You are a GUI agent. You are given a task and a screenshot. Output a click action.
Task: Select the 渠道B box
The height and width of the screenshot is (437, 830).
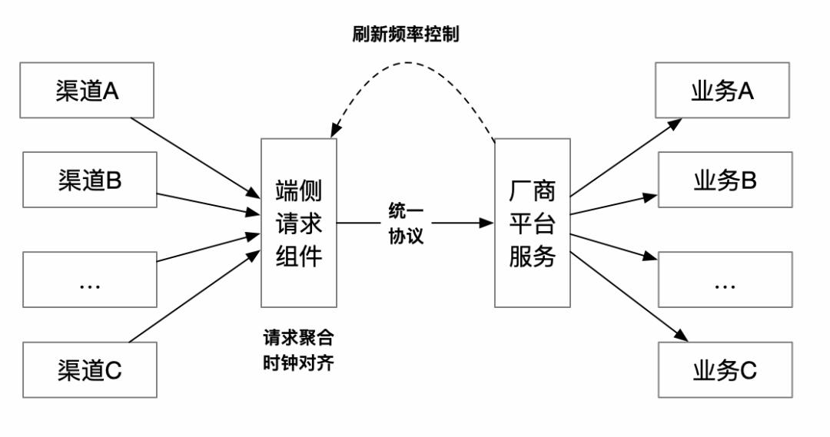(x=90, y=180)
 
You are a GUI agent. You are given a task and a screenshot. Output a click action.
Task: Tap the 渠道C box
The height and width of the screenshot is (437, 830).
(x=90, y=369)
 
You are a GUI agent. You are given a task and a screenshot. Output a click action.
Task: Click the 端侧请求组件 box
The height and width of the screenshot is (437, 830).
(x=299, y=223)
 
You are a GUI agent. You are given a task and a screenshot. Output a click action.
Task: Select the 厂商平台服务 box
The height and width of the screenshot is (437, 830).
(x=532, y=223)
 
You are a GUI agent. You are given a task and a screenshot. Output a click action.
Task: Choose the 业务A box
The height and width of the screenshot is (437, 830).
(x=723, y=91)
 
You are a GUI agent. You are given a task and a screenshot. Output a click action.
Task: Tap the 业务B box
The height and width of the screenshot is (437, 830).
(x=725, y=180)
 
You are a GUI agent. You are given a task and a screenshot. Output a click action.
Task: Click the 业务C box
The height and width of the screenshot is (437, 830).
(x=725, y=369)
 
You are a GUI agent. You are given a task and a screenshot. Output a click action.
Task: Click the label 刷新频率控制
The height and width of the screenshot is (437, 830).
(x=406, y=35)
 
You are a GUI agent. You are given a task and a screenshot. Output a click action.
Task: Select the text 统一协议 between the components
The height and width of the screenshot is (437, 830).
(x=405, y=223)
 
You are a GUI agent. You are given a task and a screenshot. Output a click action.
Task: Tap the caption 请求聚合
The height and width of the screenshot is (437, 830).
(x=298, y=338)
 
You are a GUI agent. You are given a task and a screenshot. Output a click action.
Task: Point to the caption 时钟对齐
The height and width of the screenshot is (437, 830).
(x=298, y=361)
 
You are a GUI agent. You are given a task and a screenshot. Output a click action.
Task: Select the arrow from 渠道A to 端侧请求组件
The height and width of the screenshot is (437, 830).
(x=196, y=156)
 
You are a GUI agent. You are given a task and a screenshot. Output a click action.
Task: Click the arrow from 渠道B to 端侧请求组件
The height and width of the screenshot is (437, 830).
(x=207, y=203)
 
